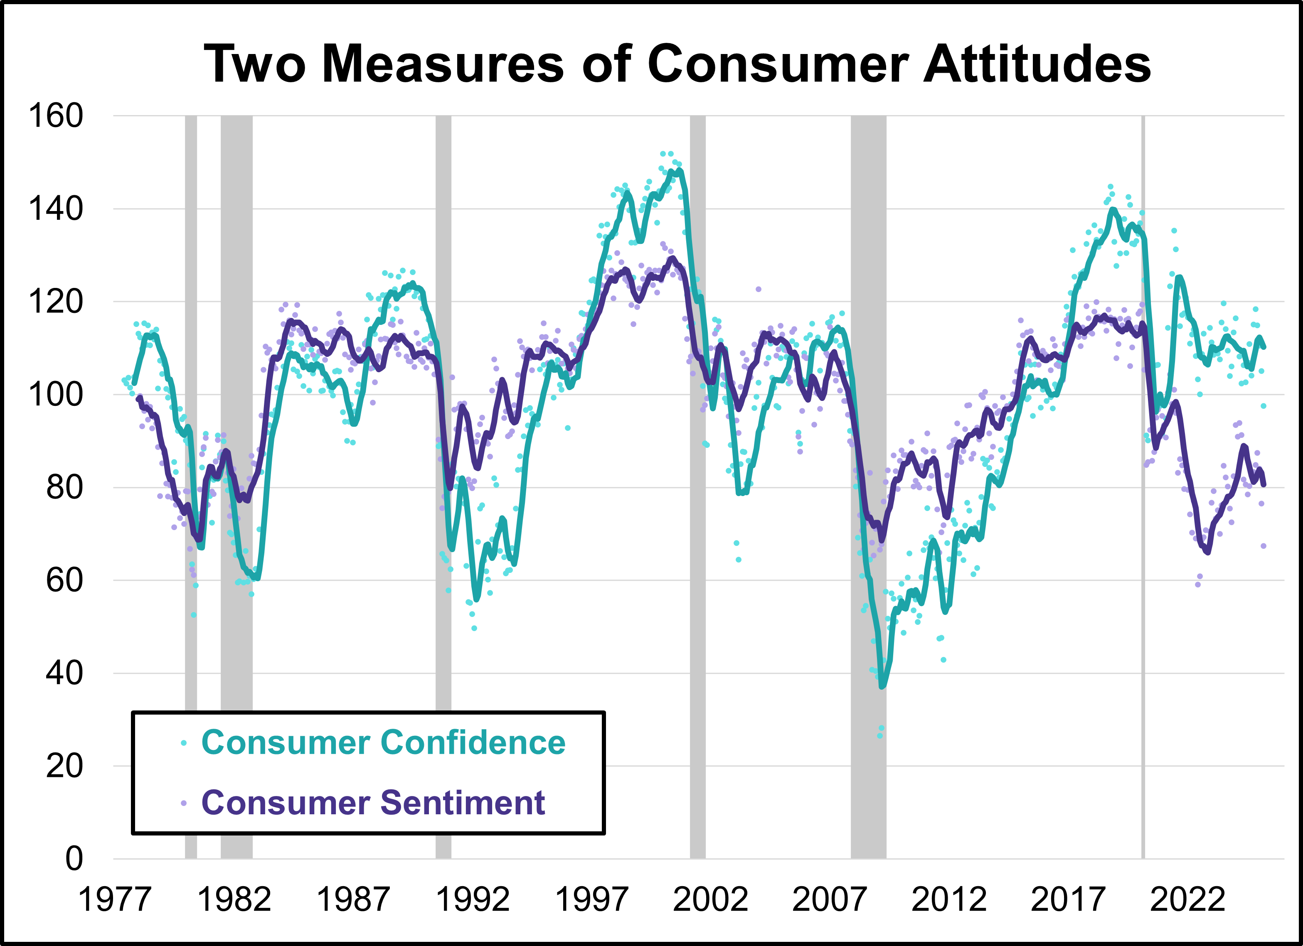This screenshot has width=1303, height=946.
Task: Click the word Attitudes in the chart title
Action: tap(1037, 63)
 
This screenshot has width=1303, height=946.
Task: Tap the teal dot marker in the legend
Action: tap(184, 743)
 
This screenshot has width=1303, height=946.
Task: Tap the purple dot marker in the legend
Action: tap(184, 803)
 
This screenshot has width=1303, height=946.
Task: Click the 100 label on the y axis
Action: tap(56, 395)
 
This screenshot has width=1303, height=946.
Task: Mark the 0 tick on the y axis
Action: tap(74, 859)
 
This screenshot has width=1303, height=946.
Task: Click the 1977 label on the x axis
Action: tap(114, 899)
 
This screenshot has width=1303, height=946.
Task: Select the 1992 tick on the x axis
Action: tap(472, 899)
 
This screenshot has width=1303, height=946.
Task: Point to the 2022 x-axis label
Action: tap(1187, 899)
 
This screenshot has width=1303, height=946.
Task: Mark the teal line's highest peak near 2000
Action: tap(680, 170)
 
